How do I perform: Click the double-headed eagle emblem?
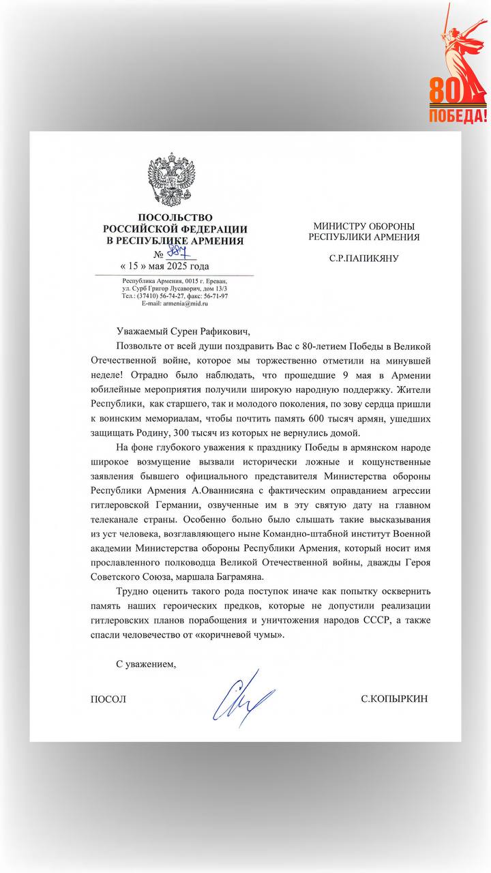pos(175,181)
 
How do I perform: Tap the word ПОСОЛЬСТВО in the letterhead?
pos(175,218)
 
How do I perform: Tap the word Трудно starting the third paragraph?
pos(133,591)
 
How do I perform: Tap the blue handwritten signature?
pos(241,699)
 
